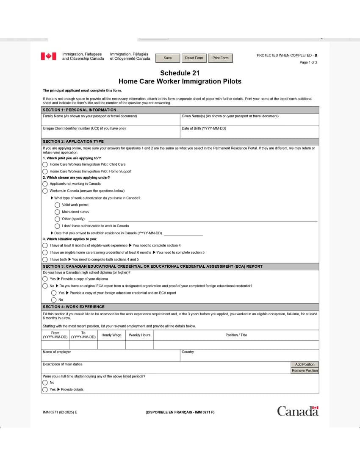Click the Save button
(x=168, y=58)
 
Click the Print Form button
(x=220, y=58)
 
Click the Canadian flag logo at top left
(x=48, y=56)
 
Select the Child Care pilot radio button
(x=45, y=164)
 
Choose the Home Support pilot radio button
(x=45, y=171)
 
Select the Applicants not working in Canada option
(x=45, y=184)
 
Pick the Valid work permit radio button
(x=57, y=205)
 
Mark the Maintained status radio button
(x=57, y=212)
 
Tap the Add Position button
(x=305, y=364)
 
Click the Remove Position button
(x=305, y=371)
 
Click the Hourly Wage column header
(x=111, y=335)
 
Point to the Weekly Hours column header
(x=139, y=335)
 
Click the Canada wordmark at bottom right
(x=297, y=411)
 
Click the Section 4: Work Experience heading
(x=74, y=307)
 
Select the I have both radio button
(x=45, y=259)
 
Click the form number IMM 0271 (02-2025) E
(x=60, y=412)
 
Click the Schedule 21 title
(x=180, y=73)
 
